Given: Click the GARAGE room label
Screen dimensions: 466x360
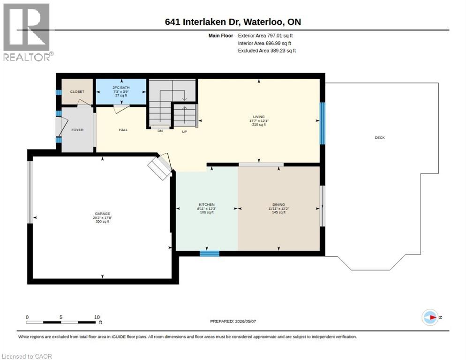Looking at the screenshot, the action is [x=103, y=213].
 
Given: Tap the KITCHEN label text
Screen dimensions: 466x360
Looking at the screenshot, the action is [x=207, y=204].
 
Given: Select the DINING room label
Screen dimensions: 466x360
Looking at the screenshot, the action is [x=279, y=204].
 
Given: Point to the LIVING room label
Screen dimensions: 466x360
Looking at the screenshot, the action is [x=259, y=117].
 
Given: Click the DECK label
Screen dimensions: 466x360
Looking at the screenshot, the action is [x=380, y=138].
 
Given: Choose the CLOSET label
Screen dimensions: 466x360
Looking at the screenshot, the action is [x=77, y=91].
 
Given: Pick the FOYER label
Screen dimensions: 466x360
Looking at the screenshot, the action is [x=77, y=130].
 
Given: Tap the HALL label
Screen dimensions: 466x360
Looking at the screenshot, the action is [x=123, y=130].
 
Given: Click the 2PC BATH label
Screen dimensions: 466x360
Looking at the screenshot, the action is [x=121, y=88].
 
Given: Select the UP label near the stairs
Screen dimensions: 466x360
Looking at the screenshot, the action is [x=185, y=132].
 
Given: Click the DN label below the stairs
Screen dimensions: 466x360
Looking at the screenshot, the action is [x=160, y=131].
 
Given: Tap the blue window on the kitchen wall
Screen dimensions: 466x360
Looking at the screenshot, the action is [x=210, y=254].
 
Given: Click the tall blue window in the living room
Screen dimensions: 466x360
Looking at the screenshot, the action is [x=323, y=123].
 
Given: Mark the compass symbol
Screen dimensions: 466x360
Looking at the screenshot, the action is [x=430, y=317].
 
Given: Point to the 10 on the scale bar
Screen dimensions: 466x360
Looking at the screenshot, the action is [x=97, y=317].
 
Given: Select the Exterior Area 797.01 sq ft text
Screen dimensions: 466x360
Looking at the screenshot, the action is [x=265, y=36].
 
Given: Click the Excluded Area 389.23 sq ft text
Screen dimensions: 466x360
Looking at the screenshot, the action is [x=267, y=51].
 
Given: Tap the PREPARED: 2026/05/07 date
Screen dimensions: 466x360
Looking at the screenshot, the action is [x=233, y=322].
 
